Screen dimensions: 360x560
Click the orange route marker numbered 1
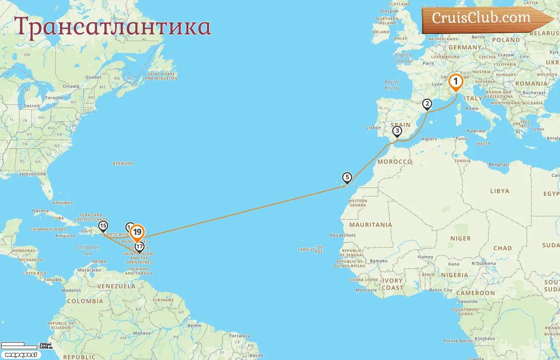(455, 82)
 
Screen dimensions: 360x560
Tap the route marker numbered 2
(427, 104)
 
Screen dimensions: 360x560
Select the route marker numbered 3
(397, 131)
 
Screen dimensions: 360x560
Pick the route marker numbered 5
(347, 178)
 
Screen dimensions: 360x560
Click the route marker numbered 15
(103, 226)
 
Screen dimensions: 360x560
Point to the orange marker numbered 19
(137, 232)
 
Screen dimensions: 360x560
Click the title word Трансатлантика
(112, 27)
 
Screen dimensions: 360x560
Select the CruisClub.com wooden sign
(484, 19)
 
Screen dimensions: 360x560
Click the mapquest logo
(21, 355)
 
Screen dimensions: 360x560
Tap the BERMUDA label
(123, 164)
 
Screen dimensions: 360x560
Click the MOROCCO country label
(394, 162)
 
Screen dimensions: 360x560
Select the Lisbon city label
(374, 128)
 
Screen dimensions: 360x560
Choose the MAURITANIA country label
(370, 225)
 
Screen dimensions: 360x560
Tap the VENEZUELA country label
(116, 286)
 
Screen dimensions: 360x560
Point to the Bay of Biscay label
(392, 85)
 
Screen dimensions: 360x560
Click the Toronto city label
(54, 98)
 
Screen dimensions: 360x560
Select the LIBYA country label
(500, 191)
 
